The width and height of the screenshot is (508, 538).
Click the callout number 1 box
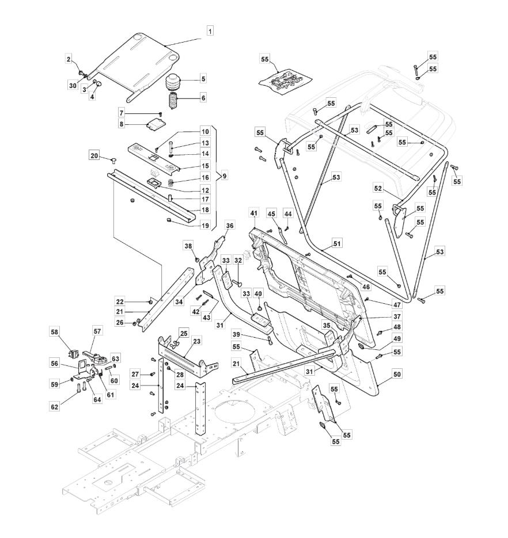tap(210, 30)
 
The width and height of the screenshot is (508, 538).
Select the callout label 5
tap(203, 79)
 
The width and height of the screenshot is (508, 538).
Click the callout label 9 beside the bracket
tap(224, 176)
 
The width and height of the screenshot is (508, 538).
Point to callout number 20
tap(94, 156)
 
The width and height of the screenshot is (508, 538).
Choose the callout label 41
tap(253, 213)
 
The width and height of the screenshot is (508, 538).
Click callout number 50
tap(397, 374)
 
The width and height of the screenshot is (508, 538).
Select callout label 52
tap(378, 188)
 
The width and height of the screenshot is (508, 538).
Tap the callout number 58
tap(55, 332)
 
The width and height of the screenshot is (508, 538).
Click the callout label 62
tap(55, 407)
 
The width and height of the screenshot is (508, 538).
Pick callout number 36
tap(230, 226)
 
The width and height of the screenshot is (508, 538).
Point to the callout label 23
tap(197, 341)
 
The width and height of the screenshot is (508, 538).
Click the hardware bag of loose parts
tap(285, 81)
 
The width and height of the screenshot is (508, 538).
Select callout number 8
tap(122, 124)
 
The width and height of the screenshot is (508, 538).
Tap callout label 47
tap(397, 305)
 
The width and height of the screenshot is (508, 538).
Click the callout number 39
tap(236, 334)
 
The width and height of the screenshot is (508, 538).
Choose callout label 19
tap(205, 226)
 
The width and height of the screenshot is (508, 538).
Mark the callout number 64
tap(97, 400)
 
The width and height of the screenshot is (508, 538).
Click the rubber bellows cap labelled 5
tap(175, 83)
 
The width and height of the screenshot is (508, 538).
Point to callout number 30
tap(73, 86)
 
